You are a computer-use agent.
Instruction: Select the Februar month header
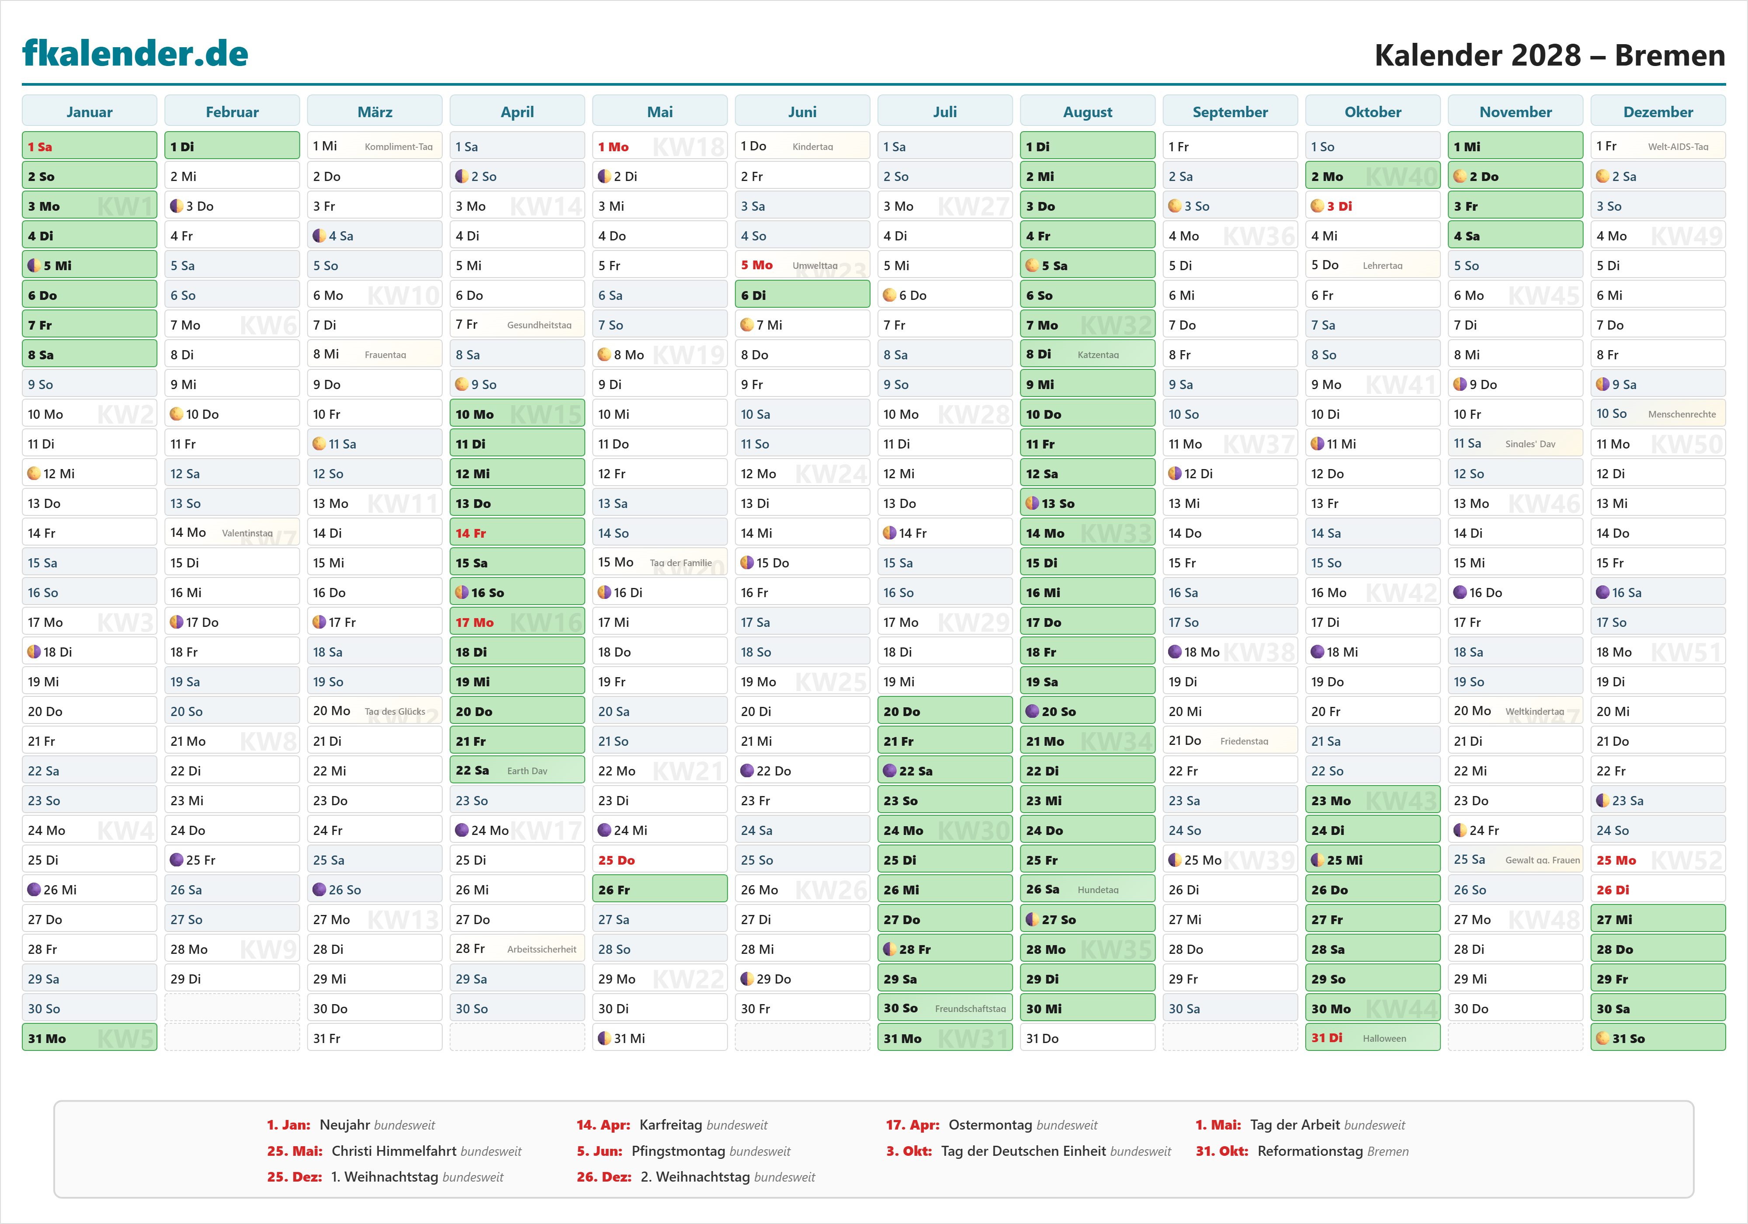[x=232, y=112]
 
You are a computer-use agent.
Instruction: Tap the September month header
[x=1230, y=112]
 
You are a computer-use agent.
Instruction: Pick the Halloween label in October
[x=1384, y=1038]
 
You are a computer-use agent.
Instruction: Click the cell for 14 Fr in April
[x=517, y=533]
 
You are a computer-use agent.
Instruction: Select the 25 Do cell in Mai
[x=659, y=860]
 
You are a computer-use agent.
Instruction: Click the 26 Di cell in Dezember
[x=1658, y=890]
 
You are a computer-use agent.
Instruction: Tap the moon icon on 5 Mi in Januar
[x=34, y=266]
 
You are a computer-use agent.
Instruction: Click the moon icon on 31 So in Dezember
[x=1602, y=1038]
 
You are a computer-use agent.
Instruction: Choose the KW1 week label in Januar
[x=125, y=206]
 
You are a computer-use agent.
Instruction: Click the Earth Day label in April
[x=527, y=771]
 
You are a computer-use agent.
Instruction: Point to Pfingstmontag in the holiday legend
[x=678, y=1151]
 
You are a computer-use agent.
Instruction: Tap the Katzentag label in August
[x=1098, y=355]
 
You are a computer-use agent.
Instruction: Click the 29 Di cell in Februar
[x=232, y=979]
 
